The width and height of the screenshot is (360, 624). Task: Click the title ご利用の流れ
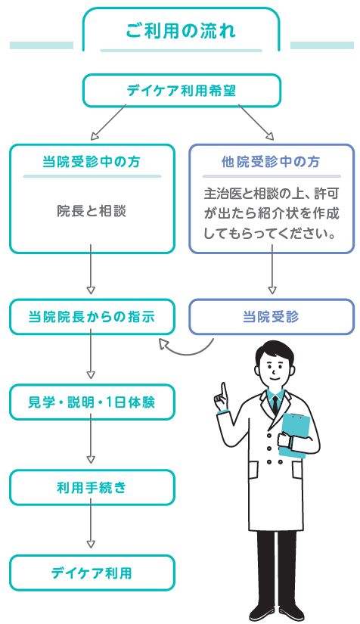181,31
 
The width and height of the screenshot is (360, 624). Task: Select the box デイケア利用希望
181,91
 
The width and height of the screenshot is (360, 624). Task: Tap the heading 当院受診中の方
92,162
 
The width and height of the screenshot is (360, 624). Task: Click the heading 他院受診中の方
270,162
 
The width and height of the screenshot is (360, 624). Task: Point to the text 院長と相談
92,210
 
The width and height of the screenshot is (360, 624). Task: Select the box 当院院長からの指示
92,317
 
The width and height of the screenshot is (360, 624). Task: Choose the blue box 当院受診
270,317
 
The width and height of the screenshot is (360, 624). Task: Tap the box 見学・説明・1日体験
92,402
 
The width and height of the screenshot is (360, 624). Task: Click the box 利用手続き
92,488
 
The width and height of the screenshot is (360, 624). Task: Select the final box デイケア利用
92,573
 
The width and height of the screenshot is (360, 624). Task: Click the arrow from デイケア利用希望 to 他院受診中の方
256,123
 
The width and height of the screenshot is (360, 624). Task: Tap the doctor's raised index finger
222,390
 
